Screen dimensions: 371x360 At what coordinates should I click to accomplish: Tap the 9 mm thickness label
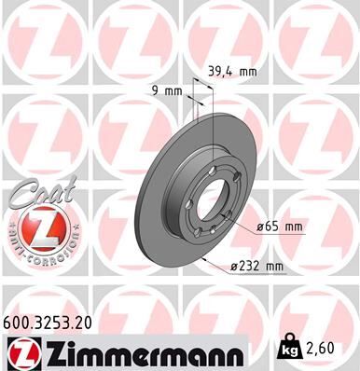tap(164, 90)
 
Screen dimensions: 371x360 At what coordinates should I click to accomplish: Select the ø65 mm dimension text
tap(279, 226)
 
